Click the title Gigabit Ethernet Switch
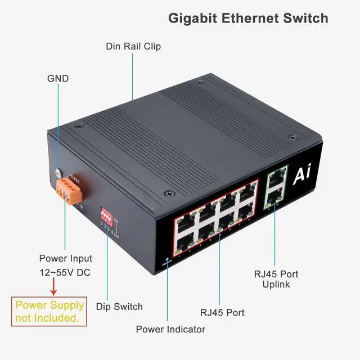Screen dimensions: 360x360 pyautogui.click(x=248, y=18)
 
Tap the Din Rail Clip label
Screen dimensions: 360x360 pyautogui.click(x=133, y=46)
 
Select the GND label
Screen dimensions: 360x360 pyautogui.click(x=57, y=78)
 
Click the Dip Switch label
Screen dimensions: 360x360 pyautogui.click(x=119, y=307)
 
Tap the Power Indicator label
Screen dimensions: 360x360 pyautogui.click(x=170, y=329)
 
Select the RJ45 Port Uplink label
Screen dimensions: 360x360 pyautogui.click(x=276, y=279)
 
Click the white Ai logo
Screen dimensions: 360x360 pyautogui.click(x=301, y=177)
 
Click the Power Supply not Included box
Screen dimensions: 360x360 pyautogui.click(x=49, y=312)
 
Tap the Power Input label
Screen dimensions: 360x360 pyautogui.click(x=65, y=259)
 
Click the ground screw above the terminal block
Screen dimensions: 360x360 pyautogui.click(x=58, y=173)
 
